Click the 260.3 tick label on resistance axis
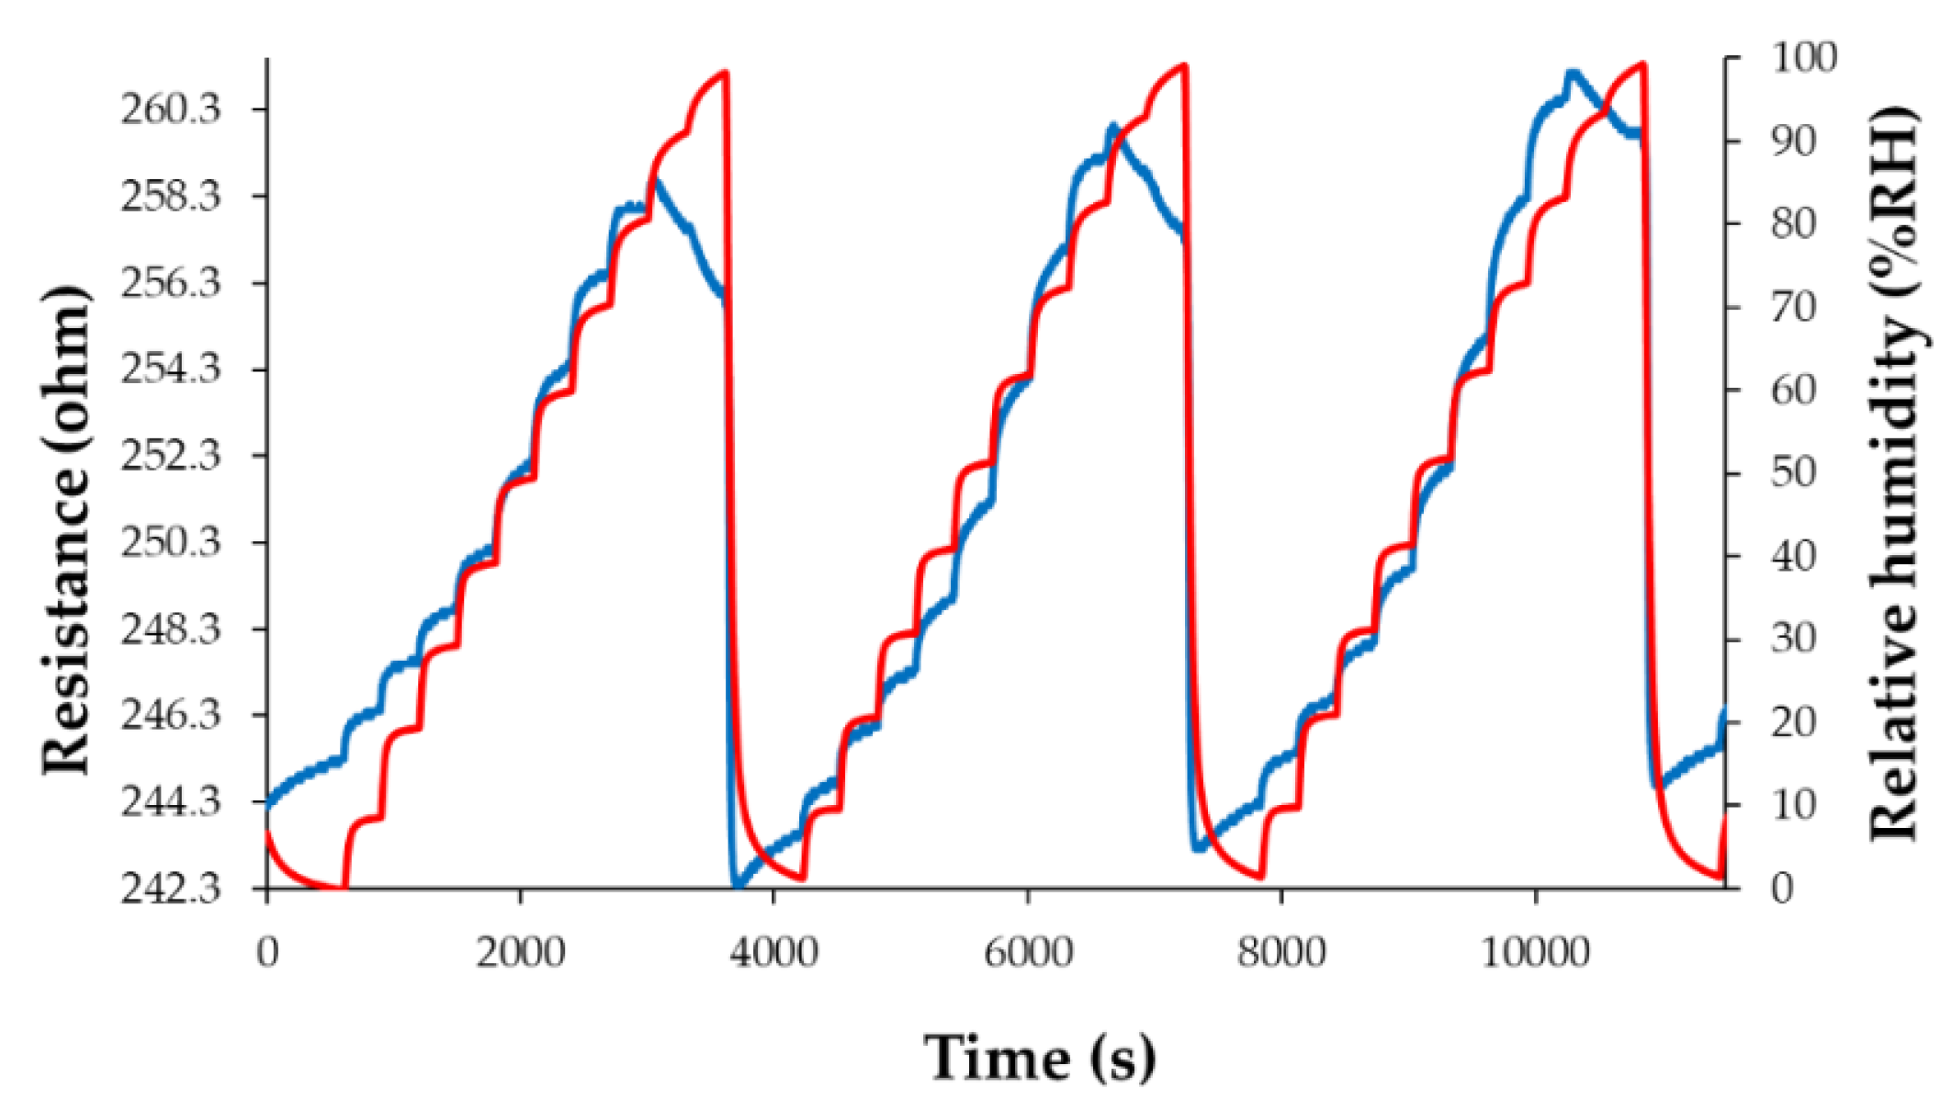pos(171,110)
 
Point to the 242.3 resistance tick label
pos(171,889)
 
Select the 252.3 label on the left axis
pos(171,456)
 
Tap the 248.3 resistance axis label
pos(171,629)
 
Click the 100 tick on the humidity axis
pos(1803,59)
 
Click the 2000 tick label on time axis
pos(520,953)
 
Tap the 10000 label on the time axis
pos(1535,953)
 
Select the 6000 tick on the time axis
pos(1028,953)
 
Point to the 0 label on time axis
pos(267,953)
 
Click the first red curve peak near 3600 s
pos(726,73)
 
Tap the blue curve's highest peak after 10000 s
pos(1573,73)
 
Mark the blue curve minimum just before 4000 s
pos(737,886)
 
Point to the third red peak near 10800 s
pos(1642,64)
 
